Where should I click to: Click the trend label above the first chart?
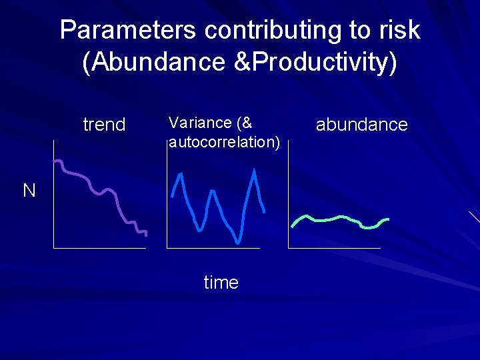(104, 125)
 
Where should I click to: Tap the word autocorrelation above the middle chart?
(223, 141)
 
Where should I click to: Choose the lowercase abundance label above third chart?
(361, 125)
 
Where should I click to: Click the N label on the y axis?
(29, 191)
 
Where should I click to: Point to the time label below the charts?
(221, 283)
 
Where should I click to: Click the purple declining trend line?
(100, 192)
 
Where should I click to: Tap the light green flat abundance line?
(340, 219)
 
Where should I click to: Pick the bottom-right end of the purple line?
(145, 234)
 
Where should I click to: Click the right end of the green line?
(387, 219)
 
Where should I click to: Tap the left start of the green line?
(292, 226)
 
